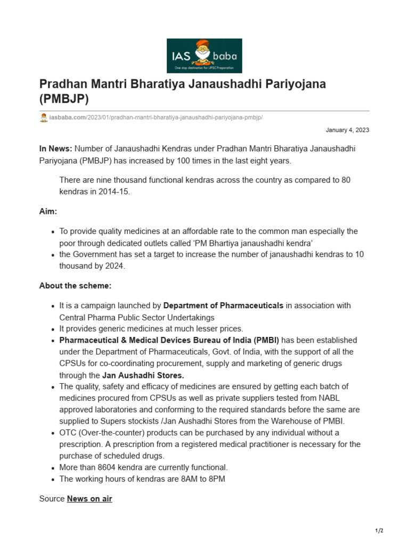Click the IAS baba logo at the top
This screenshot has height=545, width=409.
(204, 55)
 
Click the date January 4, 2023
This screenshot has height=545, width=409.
(347, 130)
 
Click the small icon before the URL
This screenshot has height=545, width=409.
(44, 118)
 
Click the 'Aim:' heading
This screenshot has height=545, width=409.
(48, 211)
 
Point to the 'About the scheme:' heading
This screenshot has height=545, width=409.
(75, 286)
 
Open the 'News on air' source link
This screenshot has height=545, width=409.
(89, 499)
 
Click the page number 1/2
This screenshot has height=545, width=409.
(379, 531)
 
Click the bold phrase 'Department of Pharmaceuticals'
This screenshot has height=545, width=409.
(223, 305)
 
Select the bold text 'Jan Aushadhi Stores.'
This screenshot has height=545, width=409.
(143, 375)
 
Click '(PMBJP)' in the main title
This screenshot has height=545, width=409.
(64, 99)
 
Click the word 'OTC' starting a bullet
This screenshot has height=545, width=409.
(68, 433)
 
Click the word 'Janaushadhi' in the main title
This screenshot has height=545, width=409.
(224, 84)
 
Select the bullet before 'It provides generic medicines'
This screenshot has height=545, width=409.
(53, 329)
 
